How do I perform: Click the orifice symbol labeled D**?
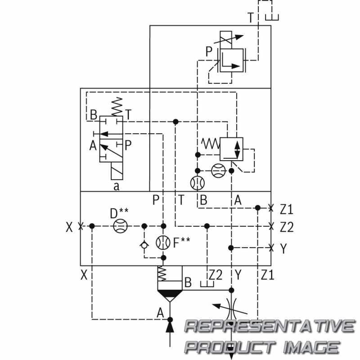click(x=120, y=226)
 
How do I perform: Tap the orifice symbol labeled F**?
click(x=163, y=243)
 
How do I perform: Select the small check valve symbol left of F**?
click(x=144, y=245)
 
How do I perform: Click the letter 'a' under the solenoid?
click(x=117, y=186)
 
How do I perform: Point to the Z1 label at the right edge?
click(x=287, y=209)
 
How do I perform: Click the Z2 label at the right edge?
click(x=287, y=227)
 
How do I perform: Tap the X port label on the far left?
click(x=69, y=227)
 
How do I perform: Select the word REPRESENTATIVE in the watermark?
click(x=270, y=326)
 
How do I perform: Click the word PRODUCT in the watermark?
click(x=230, y=346)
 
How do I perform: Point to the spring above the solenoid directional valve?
click(x=117, y=107)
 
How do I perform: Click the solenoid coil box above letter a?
click(x=117, y=171)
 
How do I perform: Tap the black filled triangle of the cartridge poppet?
click(x=170, y=293)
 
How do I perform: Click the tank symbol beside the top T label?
click(x=272, y=18)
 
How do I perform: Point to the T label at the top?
click(x=251, y=18)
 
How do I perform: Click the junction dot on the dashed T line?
click(x=175, y=121)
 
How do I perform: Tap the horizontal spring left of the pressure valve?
click(x=211, y=144)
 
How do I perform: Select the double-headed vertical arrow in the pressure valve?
click(x=237, y=149)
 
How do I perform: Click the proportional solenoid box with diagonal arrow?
click(x=226, y=40)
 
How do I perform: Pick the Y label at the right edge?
click(x=284, y=248)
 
